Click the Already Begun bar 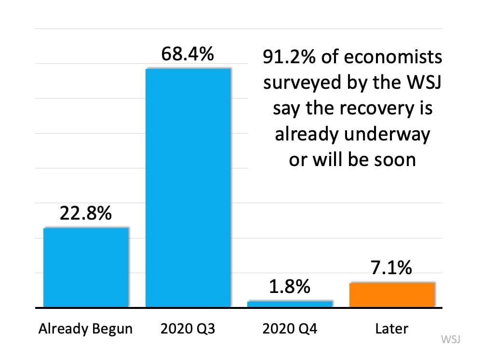pyautogui.click(x=86, y=267)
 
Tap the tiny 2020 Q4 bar pyautogui.click(x=290, y=304)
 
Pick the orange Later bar pyautogui.click(x=392, y=294)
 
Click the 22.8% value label pyautogui.click(x=86, y=213)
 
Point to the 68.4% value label pyautogui.click(x=187, y=54)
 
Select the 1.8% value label pyautogui.click(x=290, y=287)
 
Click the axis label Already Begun pyautogui.click(x=86, y=329)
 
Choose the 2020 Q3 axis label pyautogui.click(x=187, y=329)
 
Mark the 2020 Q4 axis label pyautogui.click(x=290, y=329)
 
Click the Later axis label pyautogui.click(x=391, y=329)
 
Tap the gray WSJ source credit pyautogui.click(x=451, y=339)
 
